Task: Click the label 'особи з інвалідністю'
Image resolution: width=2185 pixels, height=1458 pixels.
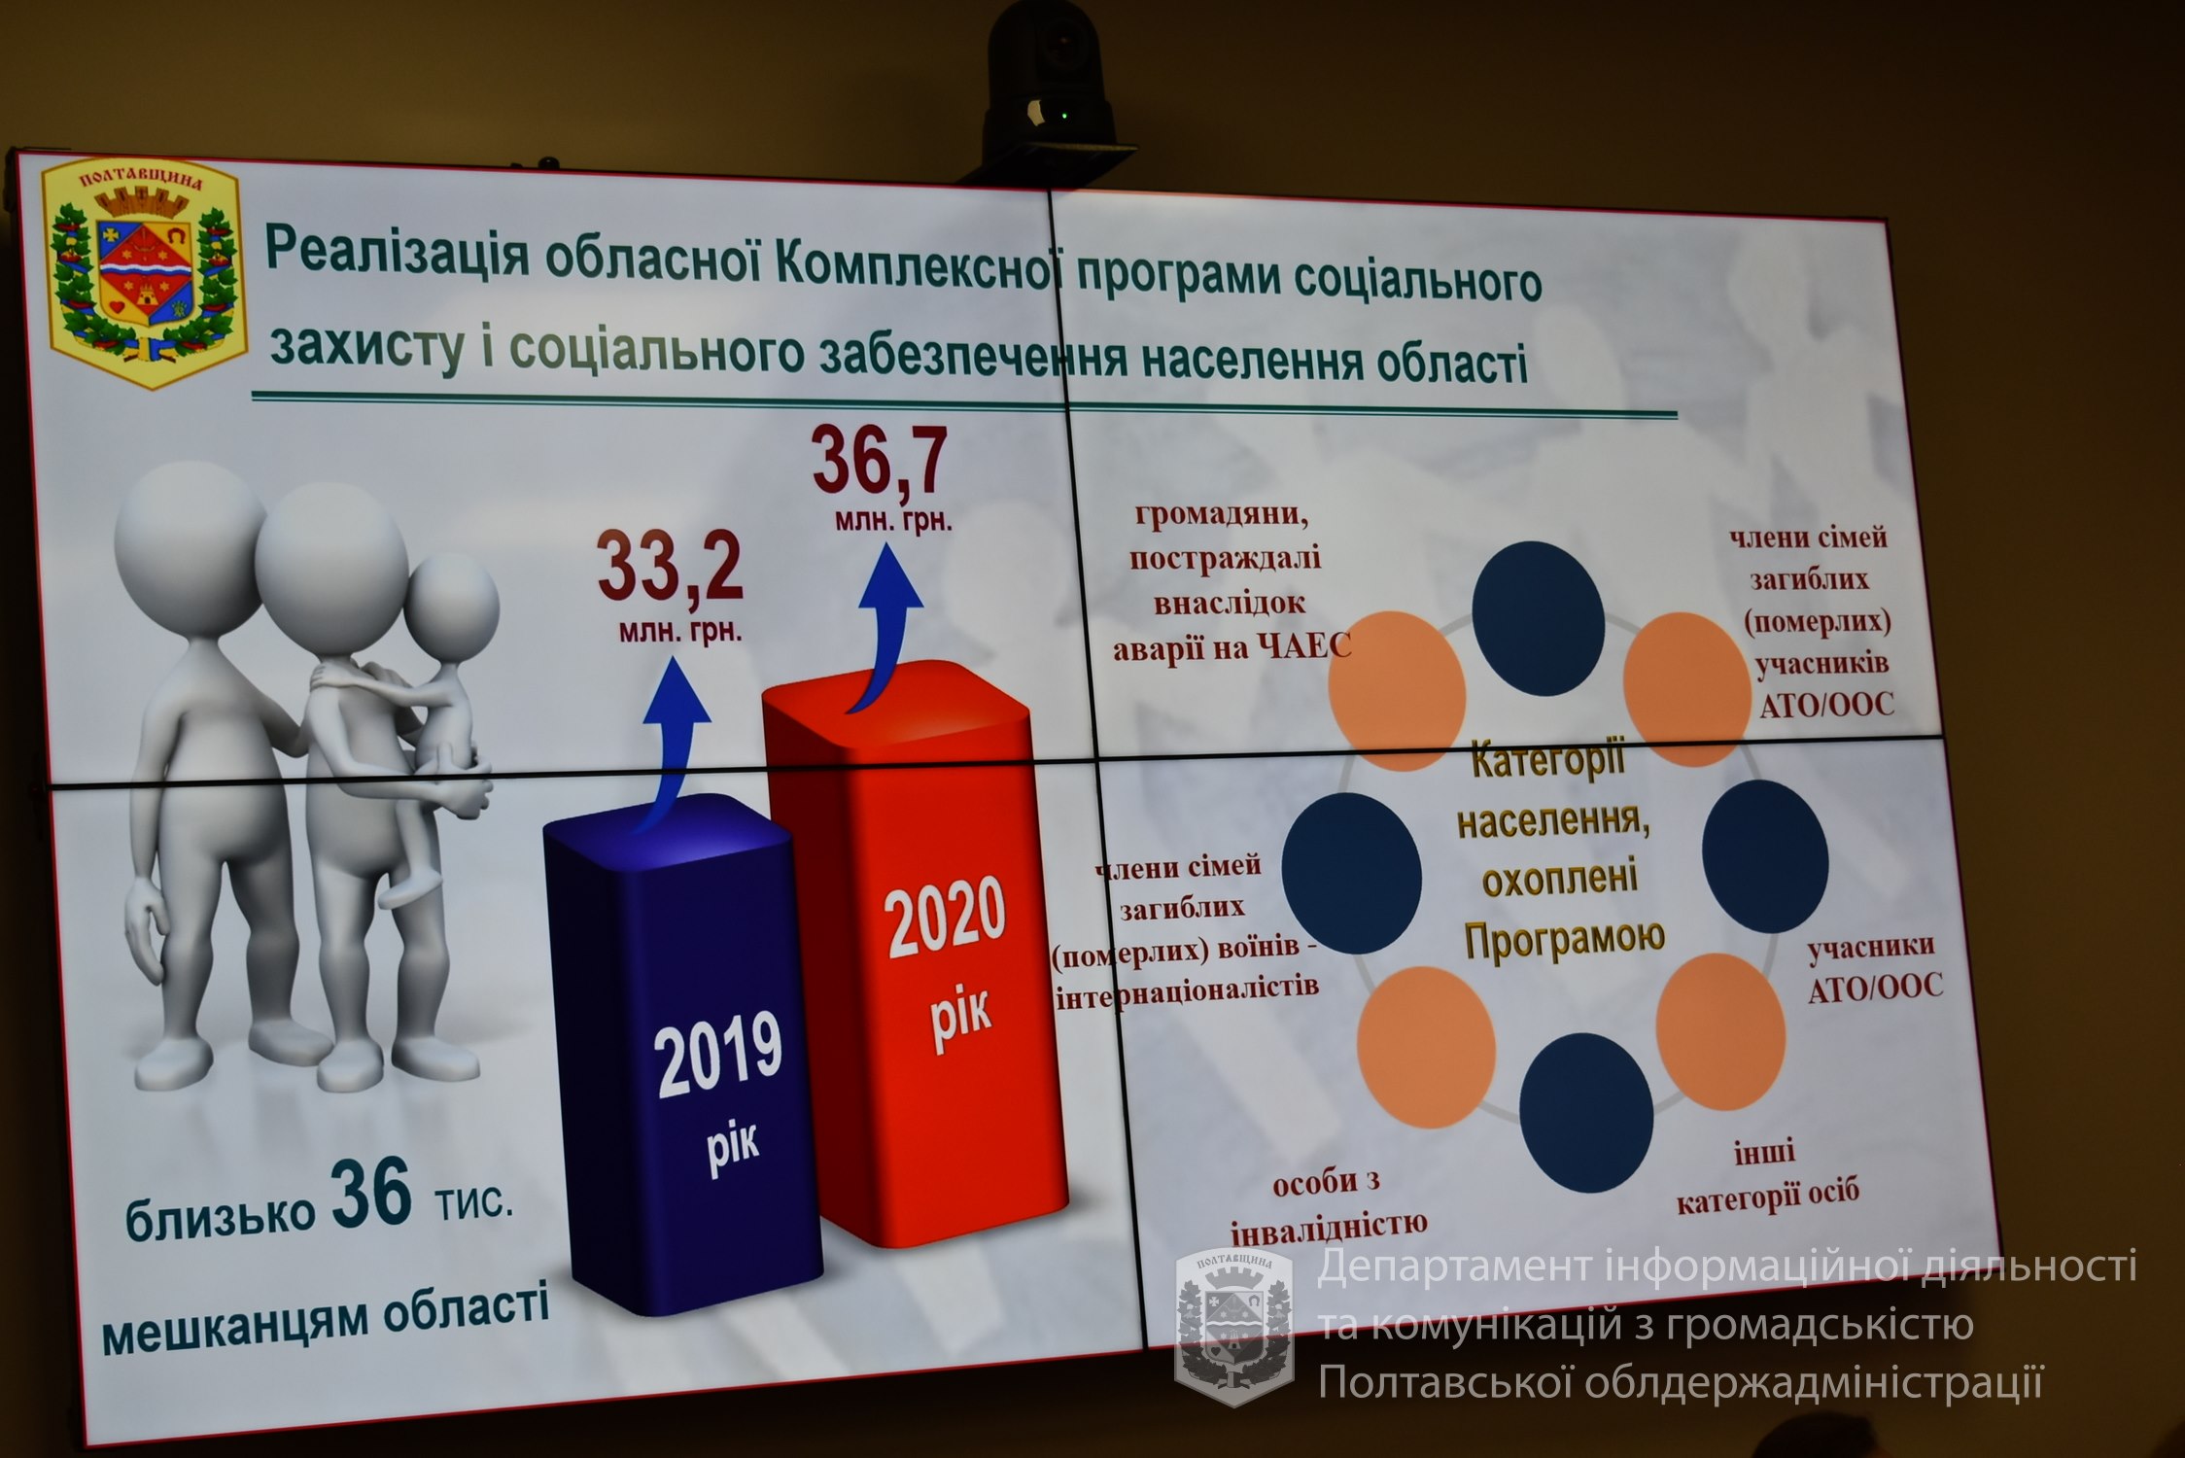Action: [1330, 1206]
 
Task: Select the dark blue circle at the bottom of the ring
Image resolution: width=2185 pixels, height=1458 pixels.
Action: [1586, 1112]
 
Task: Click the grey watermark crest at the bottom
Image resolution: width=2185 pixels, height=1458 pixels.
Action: [1233, 1328]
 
